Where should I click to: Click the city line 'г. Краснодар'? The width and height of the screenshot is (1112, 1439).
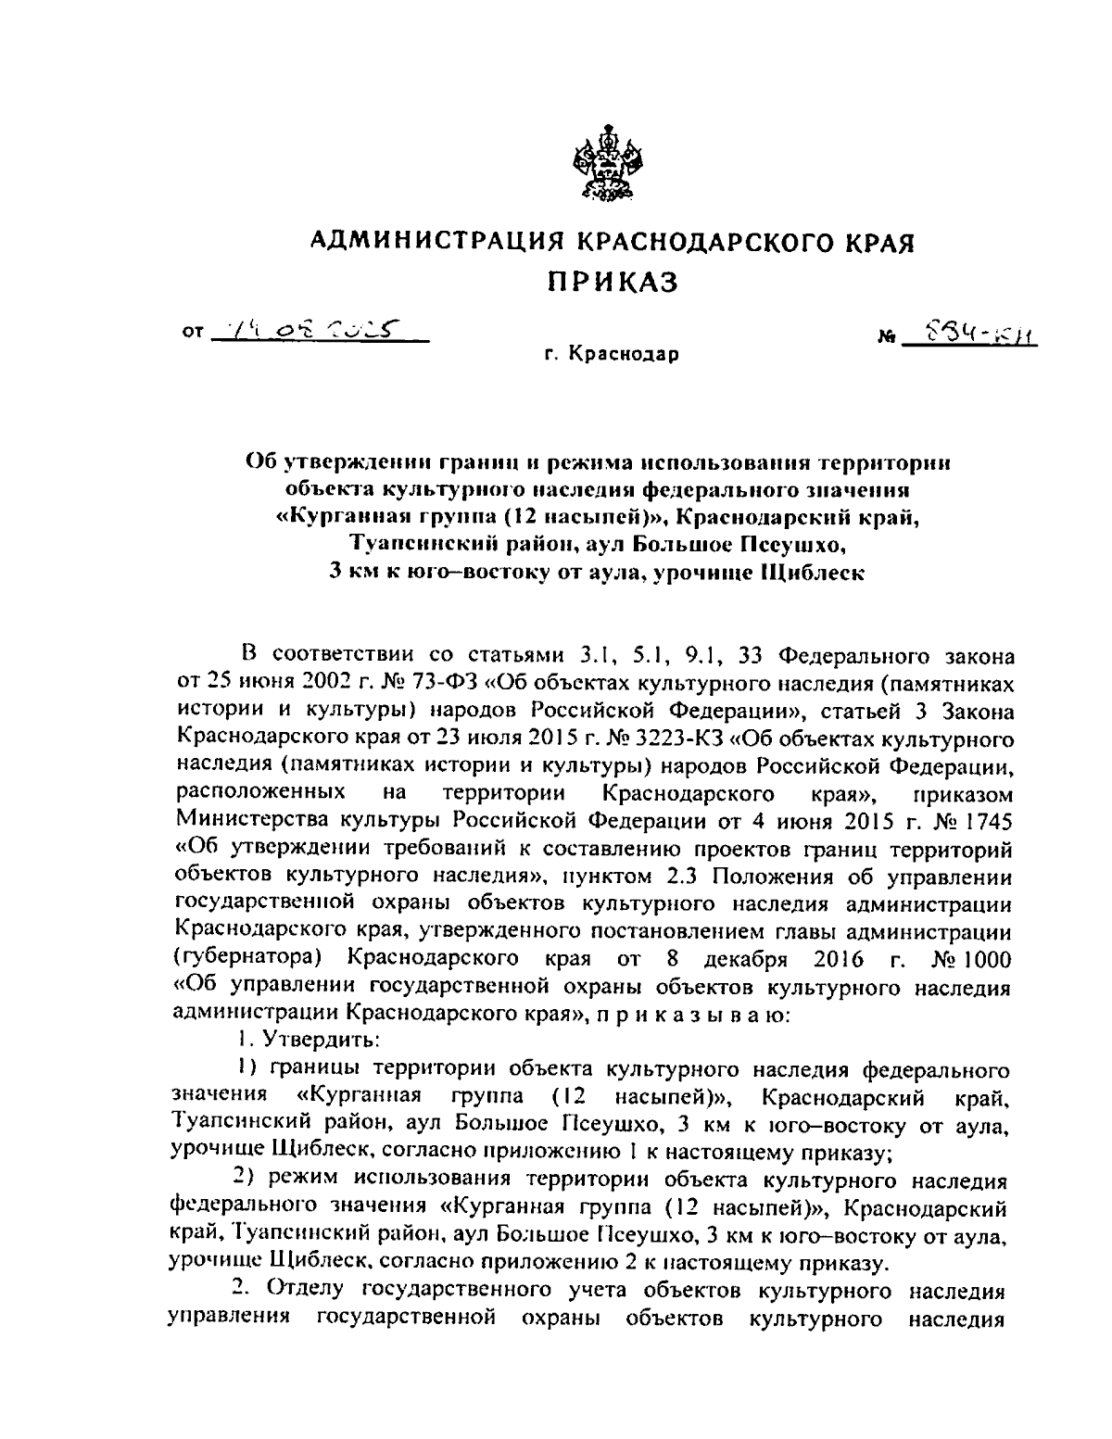coord(612,354)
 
